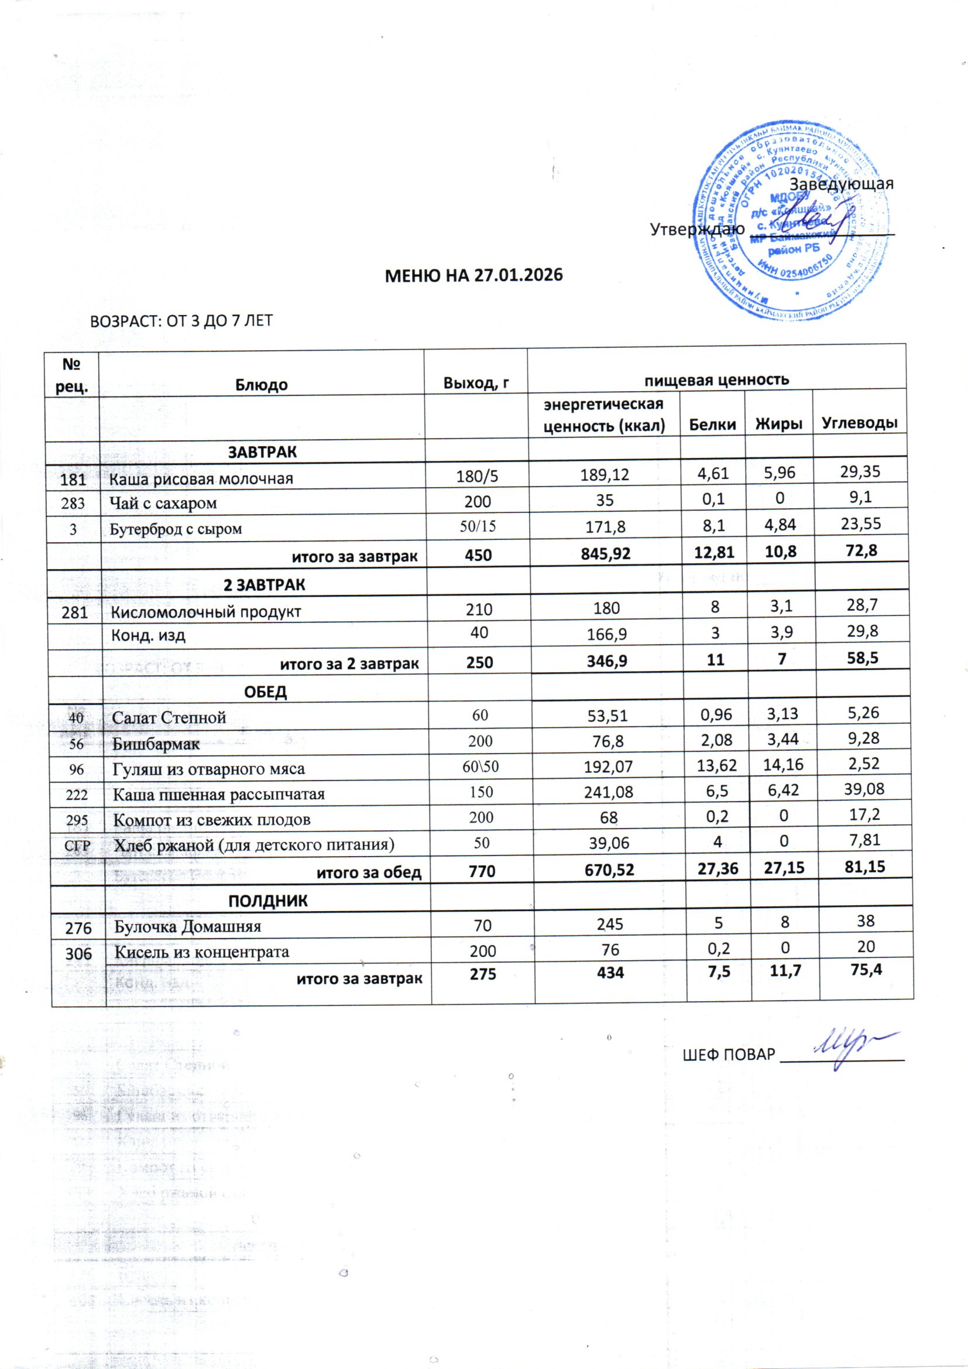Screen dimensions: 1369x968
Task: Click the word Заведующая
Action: [x=841, y=183]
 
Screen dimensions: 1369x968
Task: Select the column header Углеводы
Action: [x=860, y=423]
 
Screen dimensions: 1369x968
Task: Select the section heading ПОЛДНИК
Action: [x=268, y=901]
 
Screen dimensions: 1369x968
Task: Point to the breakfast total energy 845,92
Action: [x=606, y=555]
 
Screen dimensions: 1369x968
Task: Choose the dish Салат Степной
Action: [x=169, y=717]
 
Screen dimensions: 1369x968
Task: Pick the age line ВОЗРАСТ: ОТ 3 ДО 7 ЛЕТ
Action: [x=181, y=321]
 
